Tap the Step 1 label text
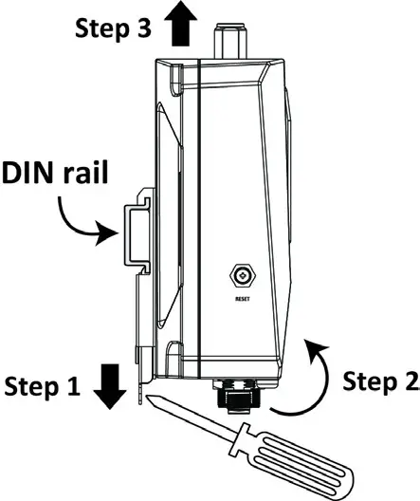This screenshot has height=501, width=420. [x=44, y=386]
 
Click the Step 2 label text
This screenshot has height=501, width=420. [x=377, y=380]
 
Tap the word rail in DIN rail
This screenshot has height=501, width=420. [x=82, y=174]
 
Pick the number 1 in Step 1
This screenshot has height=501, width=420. [x=77, y=386]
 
